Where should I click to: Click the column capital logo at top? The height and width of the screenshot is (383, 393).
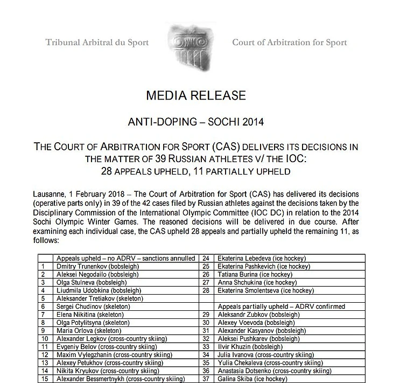pyautogui.click(x=191, y=43)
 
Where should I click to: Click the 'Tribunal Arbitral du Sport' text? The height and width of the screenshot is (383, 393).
pyautogui.click(x=97, y=43)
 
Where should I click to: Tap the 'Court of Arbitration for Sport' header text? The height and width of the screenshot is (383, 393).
pyautogui.click(x=289, y=43)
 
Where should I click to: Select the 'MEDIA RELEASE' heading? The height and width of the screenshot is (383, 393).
pyautogui.click(x=196, y=96)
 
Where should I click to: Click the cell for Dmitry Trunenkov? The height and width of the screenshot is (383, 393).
pyautogui.click(x=92, y=266)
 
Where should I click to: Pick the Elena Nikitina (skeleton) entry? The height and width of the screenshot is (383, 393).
pyautogui.click(x=90, y=314)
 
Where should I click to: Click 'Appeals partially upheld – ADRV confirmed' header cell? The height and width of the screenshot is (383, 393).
pyautogui.click(x=280, y=306)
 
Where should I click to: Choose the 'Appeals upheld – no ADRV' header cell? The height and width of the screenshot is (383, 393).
pyautogui.click(x=126, y=258)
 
